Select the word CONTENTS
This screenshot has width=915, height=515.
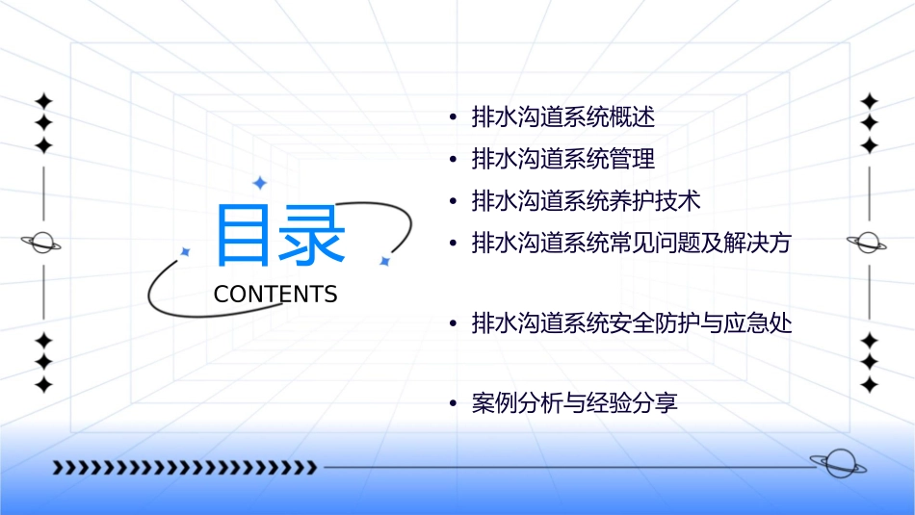click(x=275, y=294)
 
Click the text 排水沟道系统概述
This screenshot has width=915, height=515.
click(x=562, y=117)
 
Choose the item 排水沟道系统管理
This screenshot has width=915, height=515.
click(x=562, y=159)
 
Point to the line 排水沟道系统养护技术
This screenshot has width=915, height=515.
click(x=586, y=201)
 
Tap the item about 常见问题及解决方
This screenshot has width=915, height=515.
click(x=631, y=243)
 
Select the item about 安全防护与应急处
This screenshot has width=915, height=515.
click(x=631, y=323)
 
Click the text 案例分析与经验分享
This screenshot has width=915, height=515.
click(x=574, y=402)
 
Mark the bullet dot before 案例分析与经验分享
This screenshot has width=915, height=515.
click(x=453, y=403)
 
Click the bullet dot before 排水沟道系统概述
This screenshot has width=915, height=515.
click(x=453, y=118)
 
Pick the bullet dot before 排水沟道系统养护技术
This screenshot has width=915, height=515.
click(x=453, y=202)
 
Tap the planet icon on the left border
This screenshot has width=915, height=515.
click(x=41, y=243)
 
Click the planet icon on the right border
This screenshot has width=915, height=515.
click(x=868, y=243)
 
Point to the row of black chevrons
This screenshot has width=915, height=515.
click(x=183, y=468)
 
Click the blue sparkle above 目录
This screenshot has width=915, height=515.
click(x=258, y=182)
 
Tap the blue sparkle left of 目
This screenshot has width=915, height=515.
click(x=185, y=252)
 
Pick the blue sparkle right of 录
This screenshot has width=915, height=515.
click(x=384, y=261)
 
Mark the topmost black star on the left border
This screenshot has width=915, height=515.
click(x=42, y=100)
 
